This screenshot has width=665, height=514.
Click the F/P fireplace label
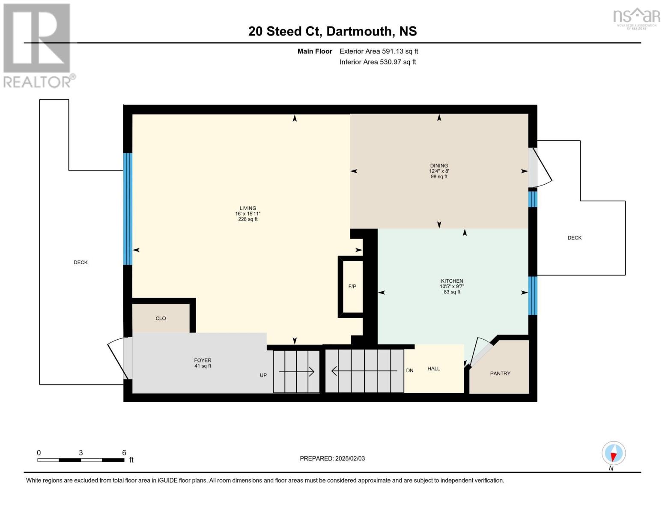352,287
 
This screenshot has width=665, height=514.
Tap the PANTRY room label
500,374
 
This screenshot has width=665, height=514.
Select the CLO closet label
161,318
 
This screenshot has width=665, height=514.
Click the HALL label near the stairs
433,368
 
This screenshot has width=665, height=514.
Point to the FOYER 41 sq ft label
203,363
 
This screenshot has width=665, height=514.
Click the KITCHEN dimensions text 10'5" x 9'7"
452,287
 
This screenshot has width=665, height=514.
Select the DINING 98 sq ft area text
439,176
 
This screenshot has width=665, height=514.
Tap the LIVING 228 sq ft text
248,219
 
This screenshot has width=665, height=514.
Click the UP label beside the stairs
263,375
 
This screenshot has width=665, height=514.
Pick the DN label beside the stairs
410,371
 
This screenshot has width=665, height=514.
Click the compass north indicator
614,454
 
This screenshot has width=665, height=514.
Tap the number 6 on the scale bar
124,453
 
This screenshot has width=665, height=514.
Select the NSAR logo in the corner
636,18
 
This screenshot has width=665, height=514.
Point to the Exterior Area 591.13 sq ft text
379,51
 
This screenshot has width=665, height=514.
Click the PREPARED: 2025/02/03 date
332,458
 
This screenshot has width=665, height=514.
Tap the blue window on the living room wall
128,209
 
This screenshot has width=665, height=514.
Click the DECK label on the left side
81,263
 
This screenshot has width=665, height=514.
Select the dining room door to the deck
539,167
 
